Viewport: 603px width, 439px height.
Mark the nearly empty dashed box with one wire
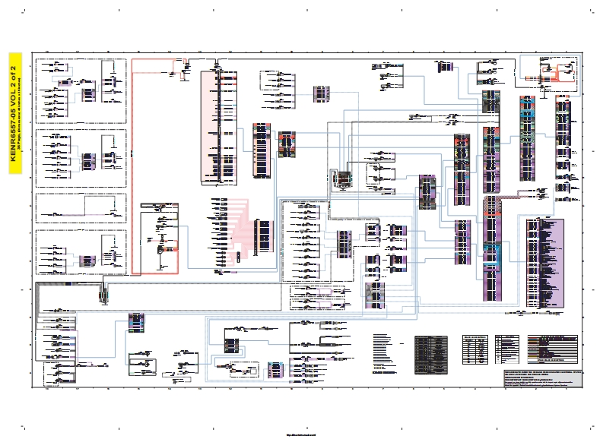pos(81,207)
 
